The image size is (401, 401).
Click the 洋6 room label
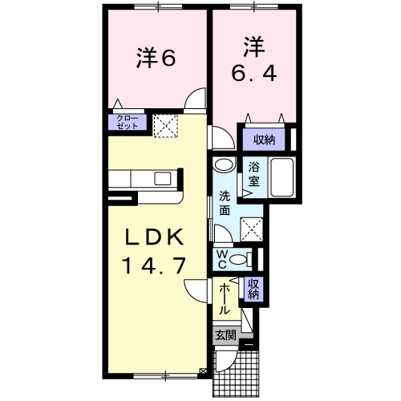156,58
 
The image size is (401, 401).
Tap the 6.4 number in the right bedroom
254,73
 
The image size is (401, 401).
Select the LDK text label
154,237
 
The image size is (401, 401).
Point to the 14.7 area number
154,265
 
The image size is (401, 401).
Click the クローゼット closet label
128,122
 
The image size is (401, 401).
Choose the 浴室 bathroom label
254,174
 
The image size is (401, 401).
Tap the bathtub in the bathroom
282,177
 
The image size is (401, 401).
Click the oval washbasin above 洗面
224,165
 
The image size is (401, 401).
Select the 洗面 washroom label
225,203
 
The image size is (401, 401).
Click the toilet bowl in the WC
238,260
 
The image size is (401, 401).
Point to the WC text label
222,259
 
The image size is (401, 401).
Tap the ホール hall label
224,299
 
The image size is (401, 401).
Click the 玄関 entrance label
226,334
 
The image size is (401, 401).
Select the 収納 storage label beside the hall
254,290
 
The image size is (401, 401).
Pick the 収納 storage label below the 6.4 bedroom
264,140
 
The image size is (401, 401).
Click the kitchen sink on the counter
163,178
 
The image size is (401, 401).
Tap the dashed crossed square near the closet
165,126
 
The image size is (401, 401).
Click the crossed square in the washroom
252,229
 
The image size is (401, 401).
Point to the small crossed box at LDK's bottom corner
203,371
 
